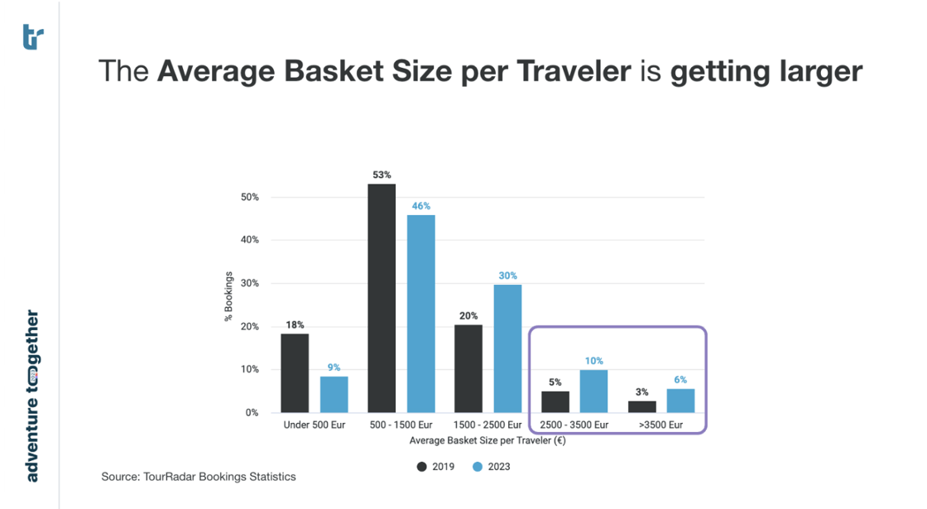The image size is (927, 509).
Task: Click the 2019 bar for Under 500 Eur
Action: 295,372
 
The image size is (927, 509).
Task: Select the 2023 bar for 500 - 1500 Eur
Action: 420,314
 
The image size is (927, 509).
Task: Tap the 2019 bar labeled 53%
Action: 382,298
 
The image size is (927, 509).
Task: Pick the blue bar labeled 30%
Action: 507,348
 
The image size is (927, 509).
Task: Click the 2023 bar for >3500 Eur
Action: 680,401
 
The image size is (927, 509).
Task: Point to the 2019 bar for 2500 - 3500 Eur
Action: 555,401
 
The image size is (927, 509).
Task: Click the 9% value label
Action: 334,367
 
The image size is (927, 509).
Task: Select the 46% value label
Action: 421,206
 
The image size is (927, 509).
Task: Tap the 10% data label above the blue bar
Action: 593,361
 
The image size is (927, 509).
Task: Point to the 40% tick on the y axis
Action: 249,240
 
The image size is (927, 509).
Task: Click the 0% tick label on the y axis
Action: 252,412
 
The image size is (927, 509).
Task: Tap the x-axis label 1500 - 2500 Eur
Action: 488,425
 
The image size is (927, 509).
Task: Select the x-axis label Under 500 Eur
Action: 314,425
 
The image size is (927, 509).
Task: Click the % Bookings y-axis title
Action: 228,297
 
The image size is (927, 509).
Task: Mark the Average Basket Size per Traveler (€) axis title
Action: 487,439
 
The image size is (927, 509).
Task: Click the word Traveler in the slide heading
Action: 573,72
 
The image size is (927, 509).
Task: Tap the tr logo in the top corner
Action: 33,36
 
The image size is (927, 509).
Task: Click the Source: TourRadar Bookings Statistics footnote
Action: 198,477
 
